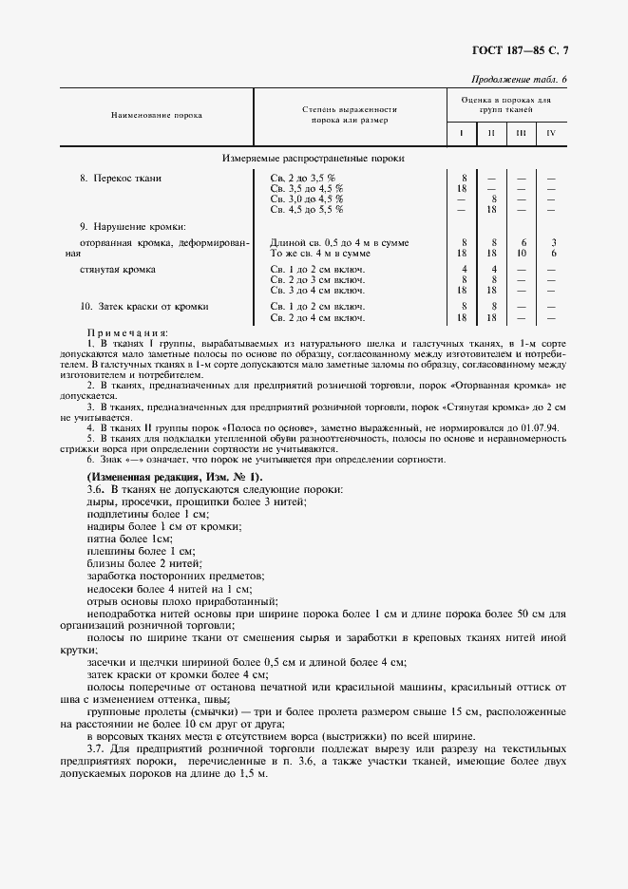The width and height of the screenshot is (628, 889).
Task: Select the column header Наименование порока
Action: click(x=157, y=115)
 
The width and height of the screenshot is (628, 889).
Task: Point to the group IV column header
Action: click(x=550, y=133)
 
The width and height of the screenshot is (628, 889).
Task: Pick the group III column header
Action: click(x=521, y=133)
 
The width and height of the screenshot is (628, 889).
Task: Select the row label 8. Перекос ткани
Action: click(x=121, y=178)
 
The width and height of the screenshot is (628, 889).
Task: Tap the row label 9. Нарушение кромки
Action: click(x=132, y=226)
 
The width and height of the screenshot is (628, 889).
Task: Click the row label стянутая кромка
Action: click(x=118, y=270)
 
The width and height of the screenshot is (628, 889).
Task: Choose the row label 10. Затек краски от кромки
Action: click(x=143, y=307)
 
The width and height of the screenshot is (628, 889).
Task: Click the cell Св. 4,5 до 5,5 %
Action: click(x=306, y=209)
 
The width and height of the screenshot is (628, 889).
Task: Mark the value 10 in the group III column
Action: click(x=521, y=253)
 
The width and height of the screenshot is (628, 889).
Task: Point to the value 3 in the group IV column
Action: click(x=552, y=243)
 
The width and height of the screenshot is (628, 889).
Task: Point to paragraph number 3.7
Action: click(x=96, y=748)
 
